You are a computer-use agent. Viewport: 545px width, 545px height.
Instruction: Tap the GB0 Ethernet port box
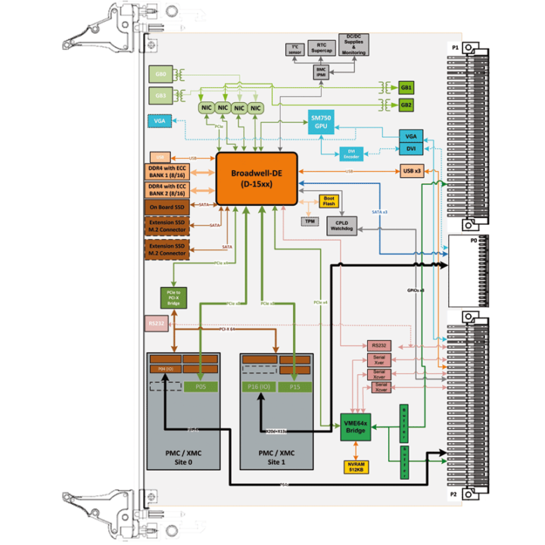(160, 75)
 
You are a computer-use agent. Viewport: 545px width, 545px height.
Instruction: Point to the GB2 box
(406, 104)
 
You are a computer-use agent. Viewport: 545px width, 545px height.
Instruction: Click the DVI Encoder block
(351, 152)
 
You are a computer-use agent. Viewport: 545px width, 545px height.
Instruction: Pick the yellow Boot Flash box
(329, 201)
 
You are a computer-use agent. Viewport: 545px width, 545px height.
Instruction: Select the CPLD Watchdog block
(341, 225)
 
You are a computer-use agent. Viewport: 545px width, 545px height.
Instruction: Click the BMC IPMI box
(322, 71)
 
